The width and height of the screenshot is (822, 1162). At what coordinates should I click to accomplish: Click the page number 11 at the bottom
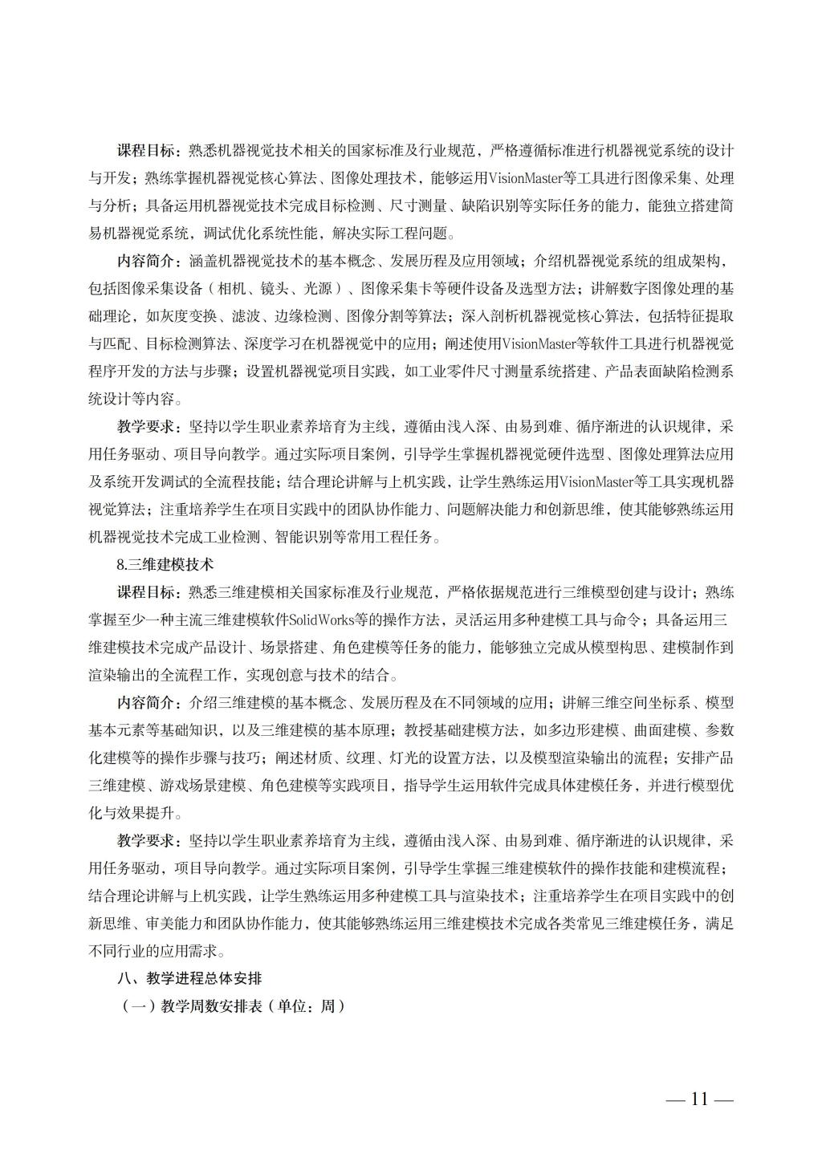pyautogui.click(x=699, y=1099)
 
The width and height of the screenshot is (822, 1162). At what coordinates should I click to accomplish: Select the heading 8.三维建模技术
pyautogui.click(x=165, y=565)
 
